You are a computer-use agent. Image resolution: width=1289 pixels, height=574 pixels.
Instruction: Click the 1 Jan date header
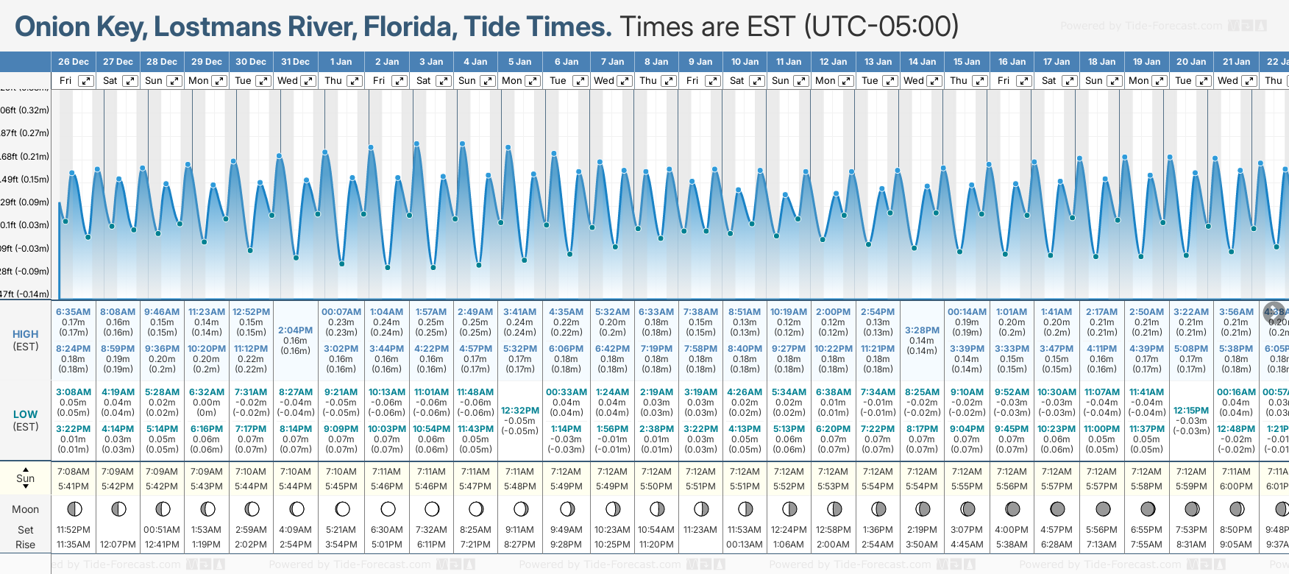[x=341, y=62]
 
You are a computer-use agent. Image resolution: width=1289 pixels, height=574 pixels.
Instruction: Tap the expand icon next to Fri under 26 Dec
[x=86, y=81]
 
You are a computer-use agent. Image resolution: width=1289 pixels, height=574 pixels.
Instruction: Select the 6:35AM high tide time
[x=73, y=312]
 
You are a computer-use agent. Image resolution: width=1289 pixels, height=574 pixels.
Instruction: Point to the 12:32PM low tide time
[x=520, y=411]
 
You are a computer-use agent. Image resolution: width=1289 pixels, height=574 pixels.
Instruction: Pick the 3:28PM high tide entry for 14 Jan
[x=922, y=330]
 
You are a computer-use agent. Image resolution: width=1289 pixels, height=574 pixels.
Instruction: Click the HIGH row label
[x=26, y=334]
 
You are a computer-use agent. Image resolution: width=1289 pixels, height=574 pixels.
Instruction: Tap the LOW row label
[x=26, y=414]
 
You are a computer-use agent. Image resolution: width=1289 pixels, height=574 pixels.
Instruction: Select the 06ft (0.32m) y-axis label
[x=24, y=110]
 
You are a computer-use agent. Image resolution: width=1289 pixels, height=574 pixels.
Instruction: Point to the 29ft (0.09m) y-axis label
[x=24, y=202]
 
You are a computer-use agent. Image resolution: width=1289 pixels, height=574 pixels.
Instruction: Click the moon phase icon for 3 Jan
[x=432, y=509]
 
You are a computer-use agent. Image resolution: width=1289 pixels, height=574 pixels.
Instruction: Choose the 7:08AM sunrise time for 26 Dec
[x=73, y=472]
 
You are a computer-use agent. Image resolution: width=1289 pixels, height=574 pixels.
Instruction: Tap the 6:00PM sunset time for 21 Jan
[x=1236, y=486]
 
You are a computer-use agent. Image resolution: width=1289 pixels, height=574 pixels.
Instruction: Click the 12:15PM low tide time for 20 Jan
[x=1191, y=411]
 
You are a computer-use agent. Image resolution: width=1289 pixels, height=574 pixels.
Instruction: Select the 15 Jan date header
[x=967, y=62]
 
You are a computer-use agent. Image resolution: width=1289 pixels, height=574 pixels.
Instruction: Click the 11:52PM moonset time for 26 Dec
[x=73, y=530]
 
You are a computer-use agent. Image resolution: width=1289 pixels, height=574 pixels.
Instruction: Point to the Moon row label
[x=26, y=509]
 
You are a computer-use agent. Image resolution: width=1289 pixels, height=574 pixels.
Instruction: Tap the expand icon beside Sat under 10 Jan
[x=756, y=81]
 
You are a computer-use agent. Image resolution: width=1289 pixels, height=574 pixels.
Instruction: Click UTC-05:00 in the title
[x=881, y=27]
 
